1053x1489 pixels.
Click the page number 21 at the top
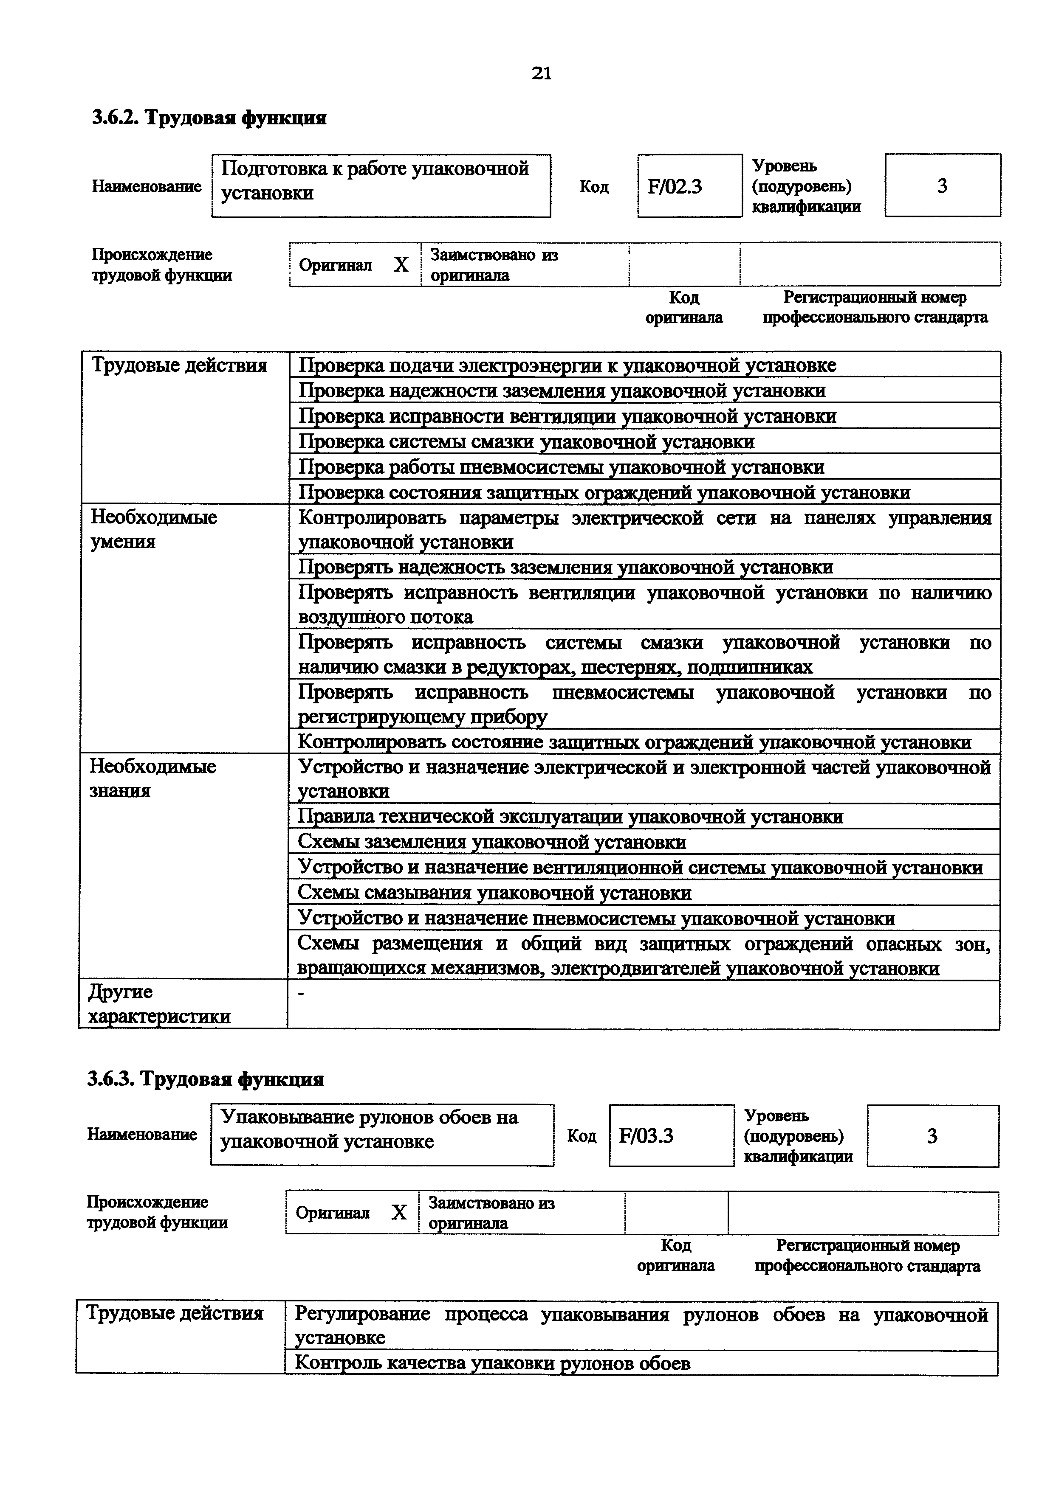pyautogui.click(x=541, y=73)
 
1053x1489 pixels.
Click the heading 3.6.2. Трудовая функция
pyautogui.click(x=209, y=118)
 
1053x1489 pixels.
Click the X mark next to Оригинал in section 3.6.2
pyautogui.click(x=401, y=264)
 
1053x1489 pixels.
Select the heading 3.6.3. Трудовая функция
pyautogui.click(x=206, y=1079)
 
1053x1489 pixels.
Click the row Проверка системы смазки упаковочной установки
pyautogui.click(x=526, y=441)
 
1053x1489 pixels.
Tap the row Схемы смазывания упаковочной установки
pyautogui.click(x=494, y=893)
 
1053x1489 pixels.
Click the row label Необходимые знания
pyautogui.click(x=152, y=778)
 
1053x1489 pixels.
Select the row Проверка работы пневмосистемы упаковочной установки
pyautogui.click(x=561, y=467)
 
